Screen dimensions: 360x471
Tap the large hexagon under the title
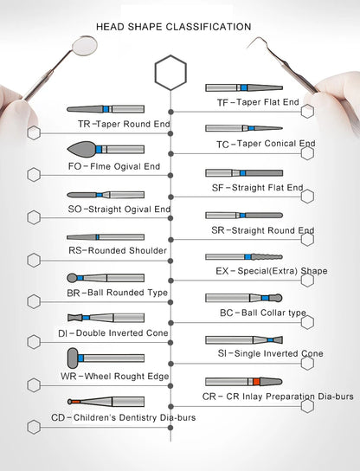(x=170, y=73)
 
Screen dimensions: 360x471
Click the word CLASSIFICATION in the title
(x=209, y=27)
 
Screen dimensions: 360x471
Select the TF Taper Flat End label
(x=258, y=102)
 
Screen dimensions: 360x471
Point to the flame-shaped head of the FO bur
(x=81, y=149)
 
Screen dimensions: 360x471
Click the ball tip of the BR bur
(x=72, y=278)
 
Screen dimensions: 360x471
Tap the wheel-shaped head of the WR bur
(x=73, y=358)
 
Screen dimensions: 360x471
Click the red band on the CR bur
(x=256, y=382)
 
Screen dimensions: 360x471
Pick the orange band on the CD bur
(x=75, y=402)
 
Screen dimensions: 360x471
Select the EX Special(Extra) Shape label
(x=272, y=271)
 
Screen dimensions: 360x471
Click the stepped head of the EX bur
(x=267, y=257)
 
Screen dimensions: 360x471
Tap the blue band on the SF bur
(x=243, y=173)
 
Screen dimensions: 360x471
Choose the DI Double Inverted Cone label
(x=112, y=333)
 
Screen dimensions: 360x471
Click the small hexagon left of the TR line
(x=34, y=132)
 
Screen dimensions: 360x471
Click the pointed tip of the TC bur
(x=281, y=128)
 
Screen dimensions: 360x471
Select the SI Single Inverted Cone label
(x=270, y=353)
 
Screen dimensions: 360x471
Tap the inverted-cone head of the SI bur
(x=278, y=340)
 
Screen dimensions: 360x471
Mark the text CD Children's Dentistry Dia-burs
(x=124, y=417)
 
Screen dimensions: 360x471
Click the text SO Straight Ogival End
(x=119, y=209)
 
